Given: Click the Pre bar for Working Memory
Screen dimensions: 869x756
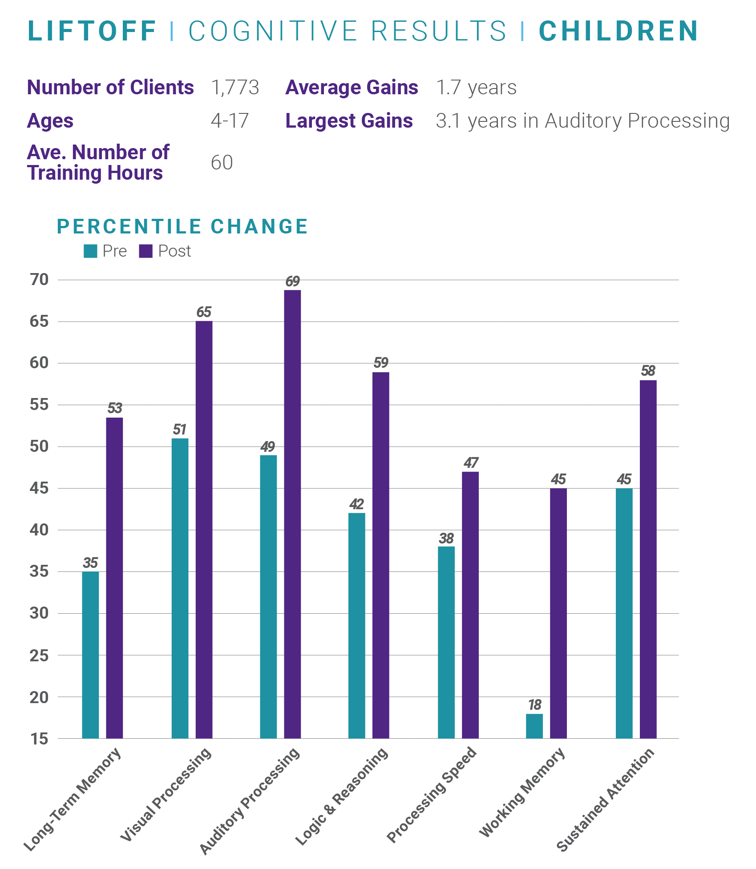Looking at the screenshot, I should point(534,726).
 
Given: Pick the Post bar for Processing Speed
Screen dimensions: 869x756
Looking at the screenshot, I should point(470,605).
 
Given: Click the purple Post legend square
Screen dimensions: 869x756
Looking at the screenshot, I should point(146,251).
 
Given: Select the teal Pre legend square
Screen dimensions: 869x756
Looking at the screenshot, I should point(90,251).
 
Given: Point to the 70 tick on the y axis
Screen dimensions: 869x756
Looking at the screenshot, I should point(39,280).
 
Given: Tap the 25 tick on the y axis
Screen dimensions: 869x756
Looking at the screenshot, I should point(39,655).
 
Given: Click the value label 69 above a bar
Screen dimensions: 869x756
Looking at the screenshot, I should point(292,282).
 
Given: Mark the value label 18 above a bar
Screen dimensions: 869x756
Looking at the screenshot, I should point(534,705).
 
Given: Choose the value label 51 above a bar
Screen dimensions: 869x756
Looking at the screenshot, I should point(179,430).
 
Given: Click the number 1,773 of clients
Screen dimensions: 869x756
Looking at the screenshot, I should point(235,88).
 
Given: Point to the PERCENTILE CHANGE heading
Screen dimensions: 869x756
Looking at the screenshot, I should point(182,226).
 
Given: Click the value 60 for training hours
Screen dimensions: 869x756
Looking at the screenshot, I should point(222,163).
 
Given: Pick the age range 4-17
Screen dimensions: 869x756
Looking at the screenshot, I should point(230,121).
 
